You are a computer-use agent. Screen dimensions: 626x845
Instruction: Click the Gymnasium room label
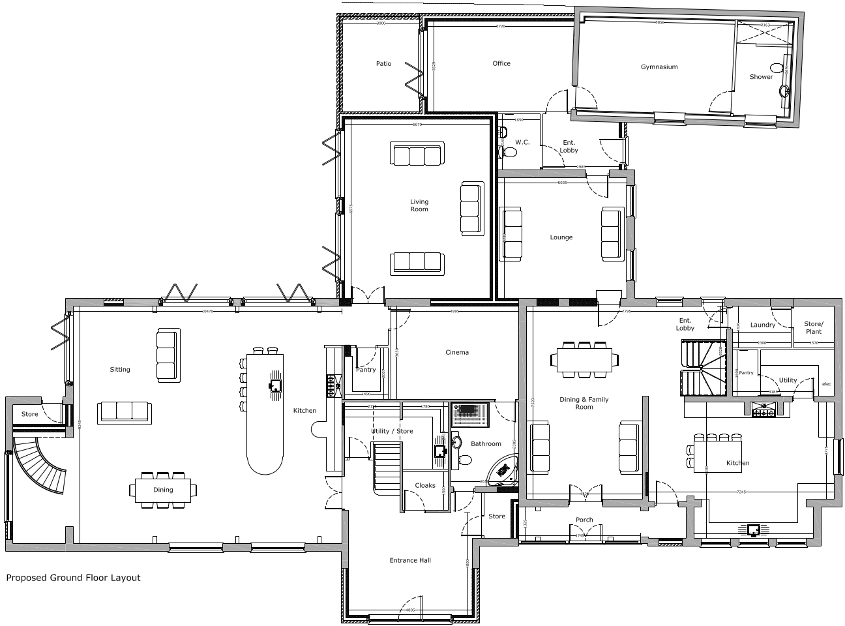tap(659, 67)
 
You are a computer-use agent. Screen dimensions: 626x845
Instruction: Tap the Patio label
tap(383, 64)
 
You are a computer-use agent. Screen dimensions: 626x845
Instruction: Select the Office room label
tap(501, 64)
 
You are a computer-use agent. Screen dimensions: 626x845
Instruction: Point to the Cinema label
tap(456, 353)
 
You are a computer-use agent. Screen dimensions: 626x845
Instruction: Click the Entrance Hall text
tap(409, 560)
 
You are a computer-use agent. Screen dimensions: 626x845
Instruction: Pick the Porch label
tap(584, 520)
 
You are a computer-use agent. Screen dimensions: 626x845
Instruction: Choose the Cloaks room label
tap(424, 486)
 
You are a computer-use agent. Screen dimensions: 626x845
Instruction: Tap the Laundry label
tap(762, 325)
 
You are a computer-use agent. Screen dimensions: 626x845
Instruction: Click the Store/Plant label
tap(813, 327)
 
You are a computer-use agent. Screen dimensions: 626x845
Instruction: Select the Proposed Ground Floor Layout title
tap(73, 578)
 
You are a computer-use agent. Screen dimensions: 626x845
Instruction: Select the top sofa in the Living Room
tap(416, 155)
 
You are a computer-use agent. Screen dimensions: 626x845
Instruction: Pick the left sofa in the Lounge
tap(511, 233)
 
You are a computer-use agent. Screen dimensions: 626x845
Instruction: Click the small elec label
tap(826, 383)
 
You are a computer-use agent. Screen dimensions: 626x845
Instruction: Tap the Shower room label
tap(760, 77)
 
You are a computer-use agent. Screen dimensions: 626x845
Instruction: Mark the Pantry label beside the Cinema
tap(365, 370)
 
